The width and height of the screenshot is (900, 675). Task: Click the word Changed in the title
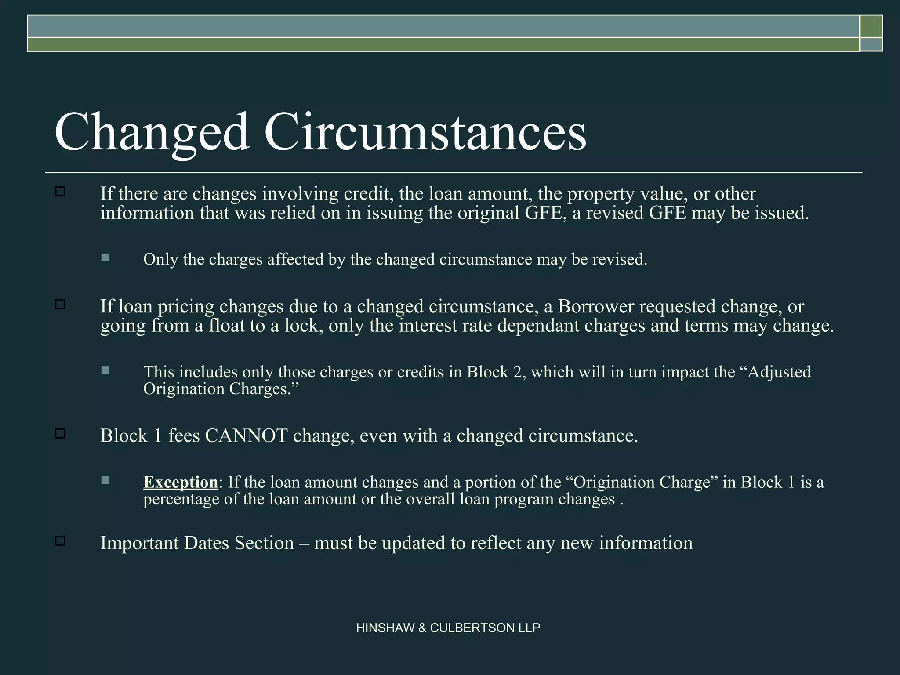[x=152, y=132]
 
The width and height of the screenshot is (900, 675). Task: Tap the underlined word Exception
[x=181, y=483]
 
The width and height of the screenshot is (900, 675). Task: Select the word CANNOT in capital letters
[x=246, y=436]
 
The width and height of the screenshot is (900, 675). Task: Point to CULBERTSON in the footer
[x=472, y=628]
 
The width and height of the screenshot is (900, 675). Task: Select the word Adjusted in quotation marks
[x=780, y=372]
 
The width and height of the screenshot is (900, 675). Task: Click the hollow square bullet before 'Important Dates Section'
[x=60, y=541]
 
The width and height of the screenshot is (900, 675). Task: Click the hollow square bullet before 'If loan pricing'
[x=60, y=304]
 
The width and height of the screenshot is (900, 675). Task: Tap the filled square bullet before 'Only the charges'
[x=105, y=258]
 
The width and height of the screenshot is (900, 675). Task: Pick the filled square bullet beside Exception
[x=105, y=480]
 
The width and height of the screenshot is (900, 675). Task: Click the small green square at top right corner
[x=871, y=26]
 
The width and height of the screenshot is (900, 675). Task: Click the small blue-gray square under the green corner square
[x=871, y=44]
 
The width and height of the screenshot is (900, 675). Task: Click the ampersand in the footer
[x=422, y=628]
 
